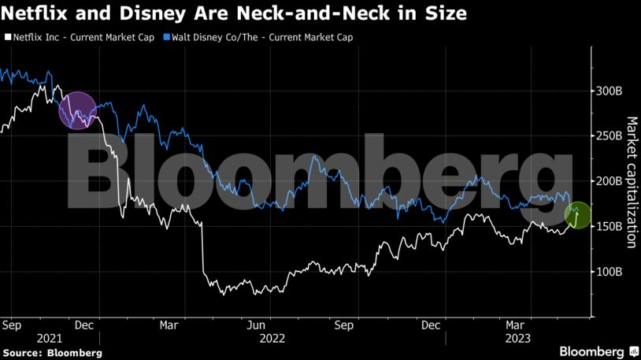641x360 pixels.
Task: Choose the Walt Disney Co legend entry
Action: pyautogui.click(x=260, y=37)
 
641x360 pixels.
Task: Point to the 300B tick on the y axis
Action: pyautogui.click(x=609, y=91)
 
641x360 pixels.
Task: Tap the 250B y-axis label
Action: pyautogui.click(x=609, y=136)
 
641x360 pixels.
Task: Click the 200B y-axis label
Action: pyautogui.click(x=609, y=181)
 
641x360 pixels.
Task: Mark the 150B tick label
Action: pyautogui.click(x=609, y=227)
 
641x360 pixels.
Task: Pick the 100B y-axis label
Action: pyautogui.click(x=609, y=272)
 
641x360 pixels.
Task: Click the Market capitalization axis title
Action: pyautogui.click(x=632, y=182)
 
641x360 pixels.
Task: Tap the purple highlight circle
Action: pyautogui.click(x=78, y=110)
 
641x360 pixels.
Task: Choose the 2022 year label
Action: pyautogui.click(x=272, y=338)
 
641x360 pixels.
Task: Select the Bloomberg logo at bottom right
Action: pyautogui.click(x=598, y=351)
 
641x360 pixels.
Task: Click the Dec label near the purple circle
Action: pyautogui.click(x=85, y=325)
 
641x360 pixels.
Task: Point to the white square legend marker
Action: pyautogui.click(x=8, y=37)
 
